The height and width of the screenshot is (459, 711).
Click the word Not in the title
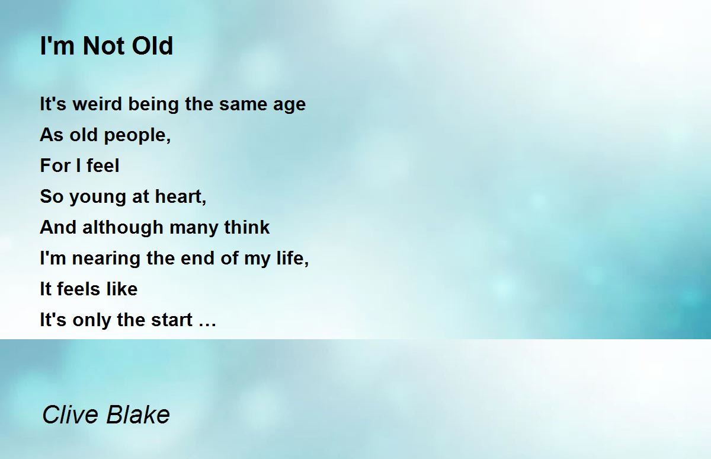(x=104, y=46)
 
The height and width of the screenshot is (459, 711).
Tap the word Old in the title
(x=152, y=46)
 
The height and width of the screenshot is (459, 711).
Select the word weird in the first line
(x=97, y=104)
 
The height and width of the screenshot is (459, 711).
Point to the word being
(x=153, y=105)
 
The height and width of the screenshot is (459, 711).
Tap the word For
(x=55, y=165)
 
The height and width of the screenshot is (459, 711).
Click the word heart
(x=179, y=196)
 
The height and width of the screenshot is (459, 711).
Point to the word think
(x=246, y=227)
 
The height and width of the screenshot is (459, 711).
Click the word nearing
(x=106, y=259)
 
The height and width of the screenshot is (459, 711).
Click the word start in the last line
(x=172, y=320)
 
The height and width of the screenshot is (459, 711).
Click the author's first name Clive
(x=70, y=415)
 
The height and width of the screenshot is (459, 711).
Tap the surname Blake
(x=137, y=415)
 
